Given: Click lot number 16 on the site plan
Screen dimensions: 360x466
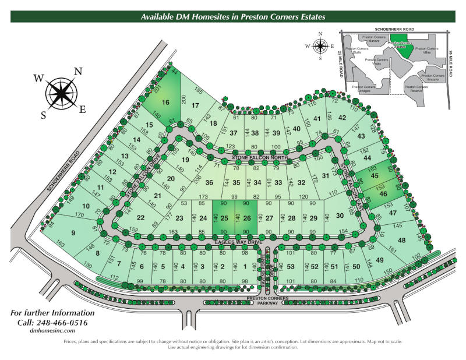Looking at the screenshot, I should pos(166,102).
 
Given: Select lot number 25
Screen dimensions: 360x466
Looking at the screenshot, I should pos(224,218).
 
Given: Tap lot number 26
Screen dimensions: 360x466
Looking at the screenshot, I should pos(246,218).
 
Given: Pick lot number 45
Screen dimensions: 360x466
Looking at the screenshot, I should pos(375,175).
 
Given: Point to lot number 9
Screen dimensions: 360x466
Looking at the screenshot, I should pos(73,234).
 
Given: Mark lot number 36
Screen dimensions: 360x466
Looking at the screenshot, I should pos(209,182).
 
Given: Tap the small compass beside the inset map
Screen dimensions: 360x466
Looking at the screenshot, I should pos(320,45).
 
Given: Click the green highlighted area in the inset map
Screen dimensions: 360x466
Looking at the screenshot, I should pos(401,46).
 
